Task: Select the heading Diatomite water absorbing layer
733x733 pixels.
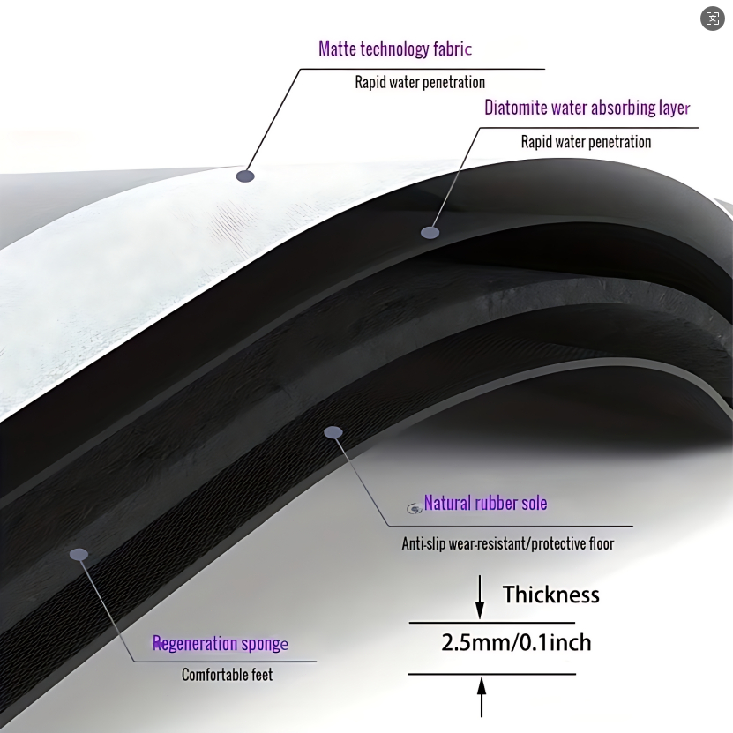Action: point(587,108)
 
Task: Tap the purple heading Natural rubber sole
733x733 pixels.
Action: point(485,504)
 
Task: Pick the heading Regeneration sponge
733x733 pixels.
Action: point(221,644)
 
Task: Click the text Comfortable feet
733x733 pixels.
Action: point(227,675)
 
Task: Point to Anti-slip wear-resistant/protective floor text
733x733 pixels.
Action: point(507,543)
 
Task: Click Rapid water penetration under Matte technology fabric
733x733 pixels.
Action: point(420,83)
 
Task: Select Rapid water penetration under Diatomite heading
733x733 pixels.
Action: point(586,142)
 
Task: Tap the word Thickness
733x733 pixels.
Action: point(551,595)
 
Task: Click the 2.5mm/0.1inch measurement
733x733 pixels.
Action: point(516,642)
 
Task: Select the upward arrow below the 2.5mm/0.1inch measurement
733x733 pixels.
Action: point(481,697)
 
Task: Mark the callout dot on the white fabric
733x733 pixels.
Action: point(245,176)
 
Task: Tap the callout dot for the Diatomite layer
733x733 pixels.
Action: point(430,233)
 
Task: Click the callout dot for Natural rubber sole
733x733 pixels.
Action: point(333,432)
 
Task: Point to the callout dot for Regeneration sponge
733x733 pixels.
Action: point(79,554)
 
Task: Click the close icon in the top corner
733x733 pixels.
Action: point(713,19)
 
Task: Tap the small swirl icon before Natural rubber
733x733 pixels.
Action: point(413,508)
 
